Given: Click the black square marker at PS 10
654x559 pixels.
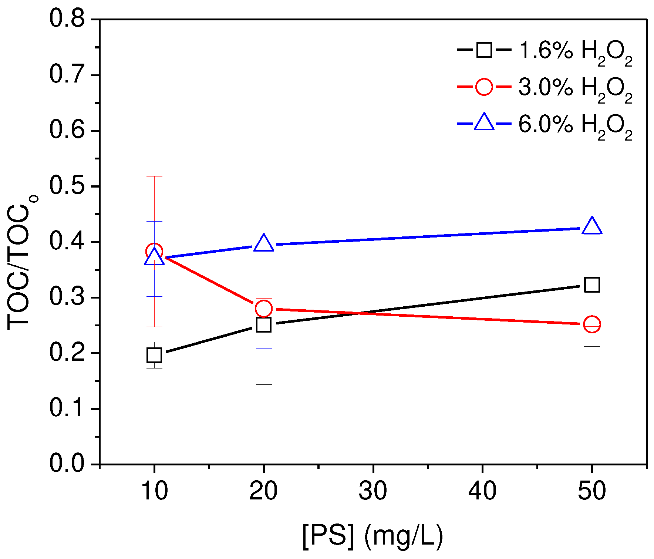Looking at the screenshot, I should click(x=154, y=355).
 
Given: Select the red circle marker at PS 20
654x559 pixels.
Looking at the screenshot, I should click(x=263, y=308).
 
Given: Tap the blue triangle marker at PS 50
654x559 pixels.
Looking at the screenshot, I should click(x=592, y=226).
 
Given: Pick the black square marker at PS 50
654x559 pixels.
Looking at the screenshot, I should click(x=592, y=285).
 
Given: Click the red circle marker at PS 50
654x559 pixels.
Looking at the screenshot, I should click(x=592, y=324).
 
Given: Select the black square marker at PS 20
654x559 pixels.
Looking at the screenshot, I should click(x=263, y=325).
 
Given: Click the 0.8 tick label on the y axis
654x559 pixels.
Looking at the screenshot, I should click(x=67, y=18).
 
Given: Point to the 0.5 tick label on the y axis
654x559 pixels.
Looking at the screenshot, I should click(x=67, y=186).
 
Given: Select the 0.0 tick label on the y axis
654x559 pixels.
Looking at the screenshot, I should click(x=67, y=463).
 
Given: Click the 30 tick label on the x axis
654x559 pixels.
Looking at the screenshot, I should click(x=373, y=491).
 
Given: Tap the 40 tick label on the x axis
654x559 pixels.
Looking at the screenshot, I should click(x=482, y=491).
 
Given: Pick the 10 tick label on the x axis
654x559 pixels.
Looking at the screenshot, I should click(x=154, y=491).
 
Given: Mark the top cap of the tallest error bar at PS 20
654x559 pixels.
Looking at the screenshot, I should click(x=263, y=142).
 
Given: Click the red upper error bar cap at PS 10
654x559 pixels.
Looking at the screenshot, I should click(x=154, y=176).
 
